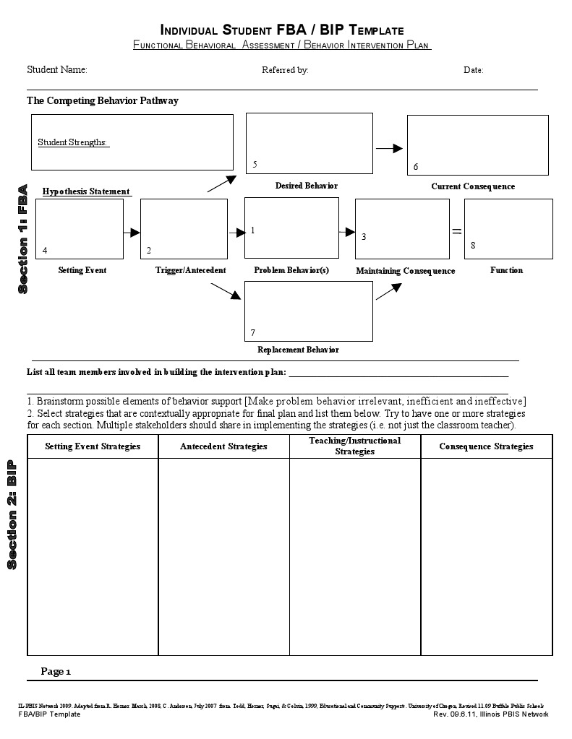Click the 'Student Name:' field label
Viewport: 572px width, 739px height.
pyautogui.click(x=56, y=70)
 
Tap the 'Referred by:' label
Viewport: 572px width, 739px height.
pyautogui.click(x=285, y=70)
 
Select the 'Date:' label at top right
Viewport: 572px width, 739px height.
pyautogui.click(x=473, y=70)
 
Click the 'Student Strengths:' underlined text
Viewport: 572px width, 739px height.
pyautogui.click(x=72, y=142)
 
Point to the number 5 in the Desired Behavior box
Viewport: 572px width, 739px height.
pyautogui.click(x=255, y=165)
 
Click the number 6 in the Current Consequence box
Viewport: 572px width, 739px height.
pyautogui.click(x=416, y=167)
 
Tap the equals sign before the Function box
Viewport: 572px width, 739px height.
pyautogui.click(x=456, y=231)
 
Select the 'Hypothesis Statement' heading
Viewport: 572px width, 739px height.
pyautogui.click(x=86, y=191)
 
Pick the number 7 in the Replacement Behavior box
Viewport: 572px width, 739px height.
pyautogui.click(x=252, y=333)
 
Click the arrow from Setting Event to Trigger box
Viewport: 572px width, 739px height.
pyautogui.click(x=132, y=233)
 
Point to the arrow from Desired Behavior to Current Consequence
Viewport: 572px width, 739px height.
pyautogui.click(x=389, y=148)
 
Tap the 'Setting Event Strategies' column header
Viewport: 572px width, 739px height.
pyautogui.click(x=93, y=446)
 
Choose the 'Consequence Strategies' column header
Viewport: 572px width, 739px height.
pyautogui.click(x=486, y=446)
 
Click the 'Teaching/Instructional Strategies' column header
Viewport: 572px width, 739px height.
pyautogui.click(x=354, y=446)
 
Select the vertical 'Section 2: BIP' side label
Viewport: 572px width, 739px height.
pyautogui.click(x=12, y=514)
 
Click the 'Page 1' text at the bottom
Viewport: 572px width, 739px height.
pyautogui.click(x=56, y=671)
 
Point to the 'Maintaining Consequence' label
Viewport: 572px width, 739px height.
pyautogui.click(x=405, y=271)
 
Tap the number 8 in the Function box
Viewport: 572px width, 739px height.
pyautogui.click(x=473, y=246)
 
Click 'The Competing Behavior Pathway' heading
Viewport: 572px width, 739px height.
pyautogui.click(x=102, y=101)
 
